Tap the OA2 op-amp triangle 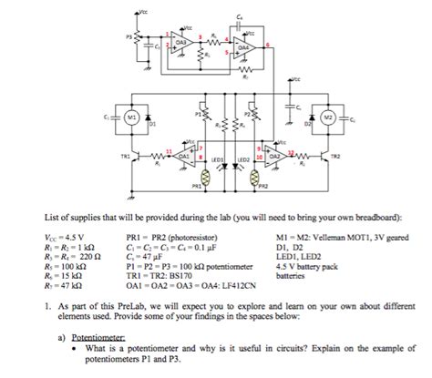coord(273,156)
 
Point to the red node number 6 coord(265,45)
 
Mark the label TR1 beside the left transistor coord(112,156)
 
